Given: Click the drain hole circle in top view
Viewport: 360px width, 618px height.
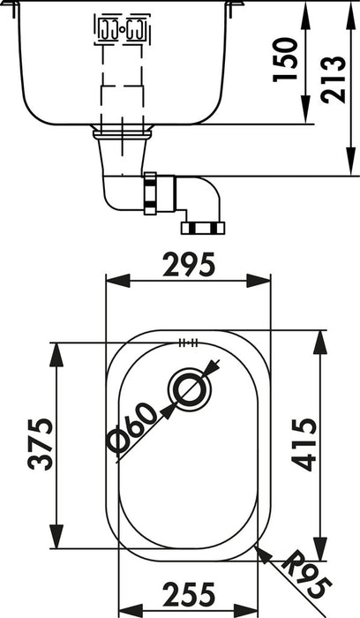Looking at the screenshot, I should (x=187, y=389).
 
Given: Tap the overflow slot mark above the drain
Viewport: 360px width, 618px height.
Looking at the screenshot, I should (x=187, y=343).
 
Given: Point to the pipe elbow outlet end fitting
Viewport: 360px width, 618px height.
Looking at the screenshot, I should (x=203, y=228).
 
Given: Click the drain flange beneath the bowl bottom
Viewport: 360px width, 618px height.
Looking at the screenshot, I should (x=123, y=133).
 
